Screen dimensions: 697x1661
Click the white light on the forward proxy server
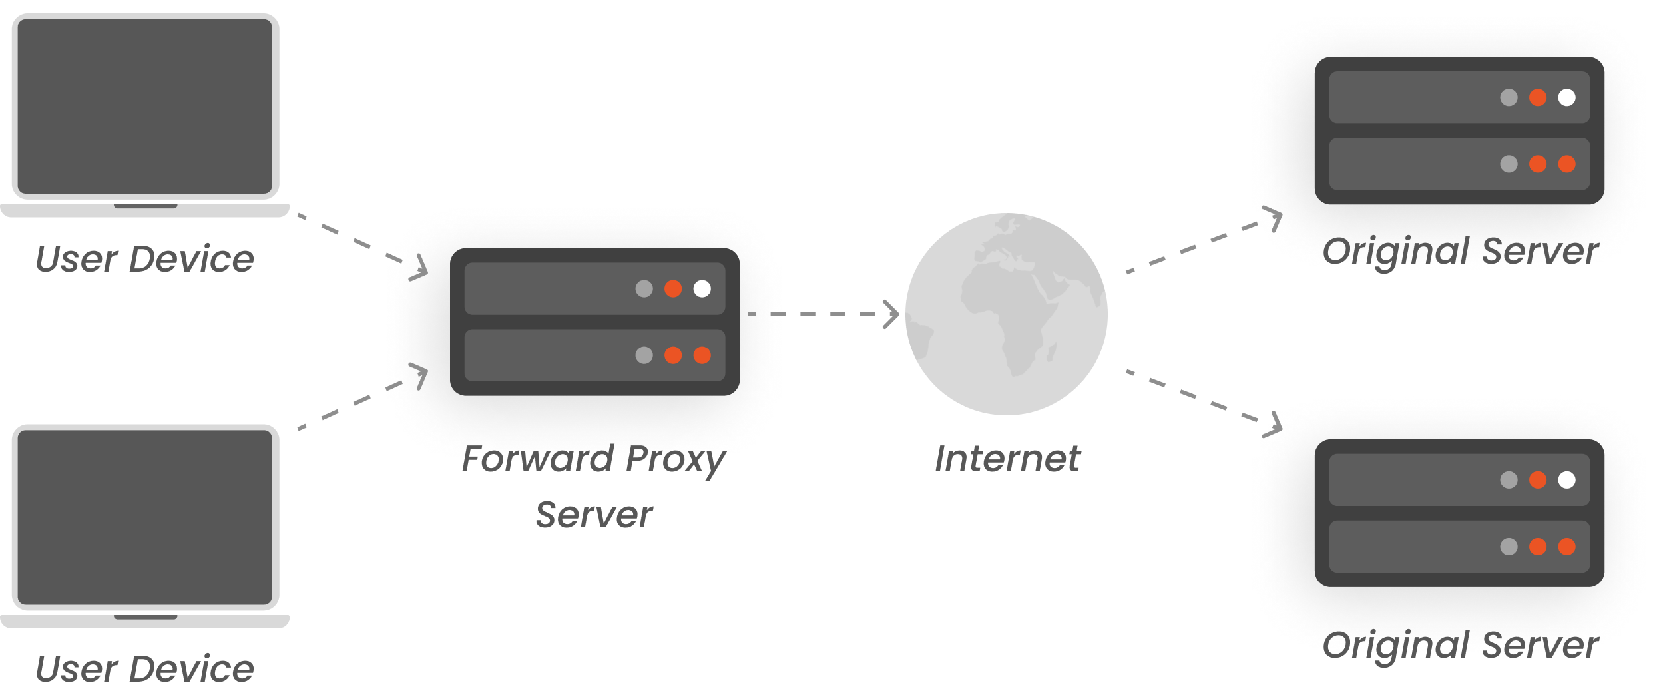click(x=702, y=289)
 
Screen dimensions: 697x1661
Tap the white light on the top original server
click(x=1566, y=97)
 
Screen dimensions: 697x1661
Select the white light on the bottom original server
click(x=1566, y=480)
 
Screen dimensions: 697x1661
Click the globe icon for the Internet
click(x=1004, y=318)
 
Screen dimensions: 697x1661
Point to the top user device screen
click(x=145, y=107)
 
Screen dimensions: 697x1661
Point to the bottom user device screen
click(x=145, y=517)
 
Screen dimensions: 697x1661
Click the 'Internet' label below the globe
click(x=1010, y=459)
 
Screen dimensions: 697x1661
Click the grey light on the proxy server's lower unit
click(x=644, y=355)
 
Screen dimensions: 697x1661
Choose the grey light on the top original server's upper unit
click(x=1509, y=97)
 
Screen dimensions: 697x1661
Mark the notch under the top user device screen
click(x=145, y=206)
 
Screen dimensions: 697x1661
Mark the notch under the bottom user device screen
click(x=145, y=617)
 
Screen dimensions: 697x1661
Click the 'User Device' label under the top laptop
click(x=145, y=260)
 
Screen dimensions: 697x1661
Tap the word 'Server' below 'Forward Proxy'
click(x=594, y=515)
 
